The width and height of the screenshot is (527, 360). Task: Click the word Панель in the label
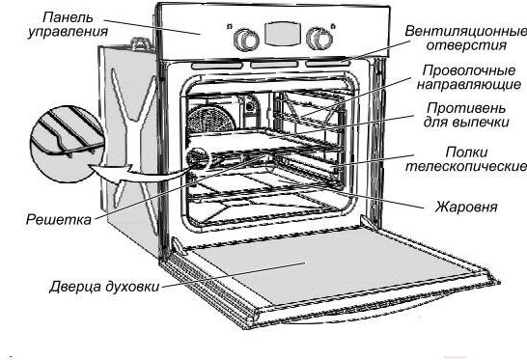click(68, 17)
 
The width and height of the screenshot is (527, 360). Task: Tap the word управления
click(68, 32)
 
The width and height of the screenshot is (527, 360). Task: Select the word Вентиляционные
click(466, 31)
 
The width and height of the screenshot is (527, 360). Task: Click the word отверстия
click(466, 45)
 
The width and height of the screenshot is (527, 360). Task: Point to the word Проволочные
click(469, 70)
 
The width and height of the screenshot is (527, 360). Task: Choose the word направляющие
click(469, 84)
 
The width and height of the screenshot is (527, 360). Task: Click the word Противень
click(466, 108)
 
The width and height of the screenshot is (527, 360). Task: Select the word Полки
click(466, 152)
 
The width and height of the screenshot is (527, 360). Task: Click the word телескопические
click(466, 166)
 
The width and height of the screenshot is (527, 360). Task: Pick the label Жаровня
click(466, 207)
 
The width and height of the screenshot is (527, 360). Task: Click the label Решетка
click(59, 219)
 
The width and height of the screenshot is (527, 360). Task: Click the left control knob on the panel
click(246, 41)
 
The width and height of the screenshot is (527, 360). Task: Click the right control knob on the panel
click(319, 39)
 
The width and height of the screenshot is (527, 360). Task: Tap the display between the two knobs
click(282, 34)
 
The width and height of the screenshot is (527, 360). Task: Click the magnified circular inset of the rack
click(68, 144)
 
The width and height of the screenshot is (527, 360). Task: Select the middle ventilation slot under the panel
click(274, 65)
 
